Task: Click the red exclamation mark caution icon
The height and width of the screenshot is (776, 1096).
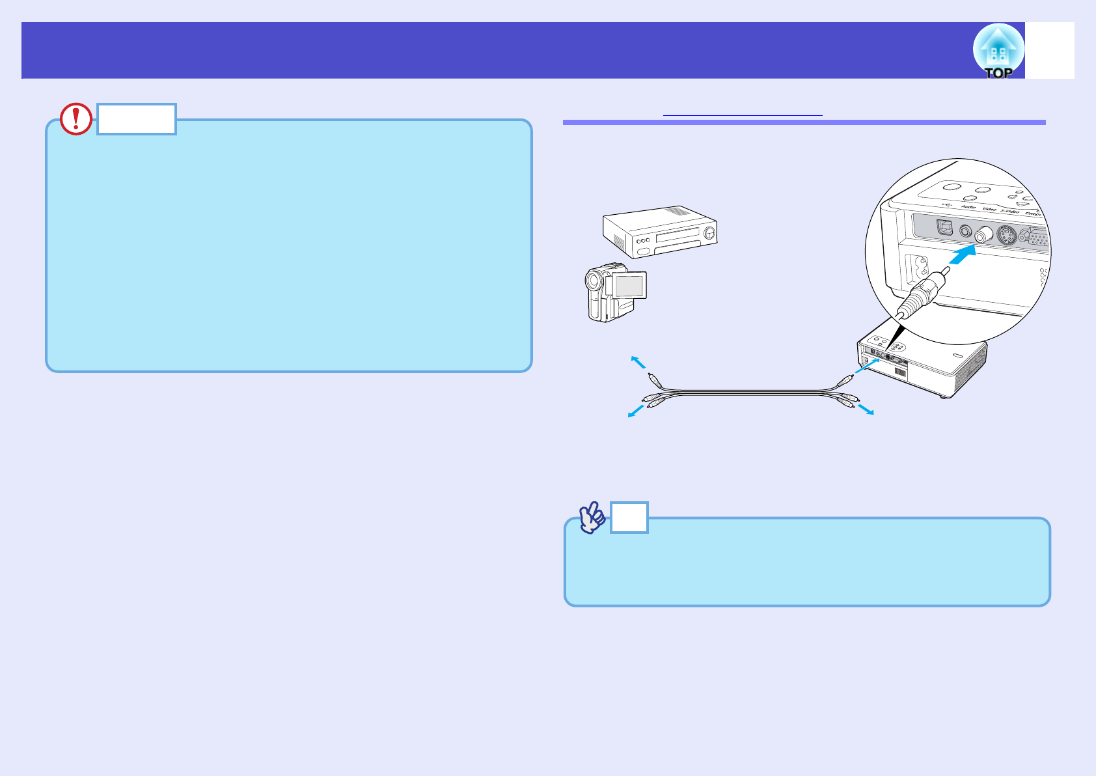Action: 76,119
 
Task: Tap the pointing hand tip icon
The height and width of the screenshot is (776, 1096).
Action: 592,518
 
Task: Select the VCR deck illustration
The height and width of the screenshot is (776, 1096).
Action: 660,232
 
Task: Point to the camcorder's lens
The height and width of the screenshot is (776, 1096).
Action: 592,281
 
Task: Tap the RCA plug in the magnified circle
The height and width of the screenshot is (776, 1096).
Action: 924,293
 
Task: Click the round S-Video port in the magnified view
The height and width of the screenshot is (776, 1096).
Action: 1006,236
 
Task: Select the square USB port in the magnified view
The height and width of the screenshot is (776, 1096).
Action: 945,228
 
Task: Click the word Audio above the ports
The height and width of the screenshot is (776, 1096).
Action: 968,207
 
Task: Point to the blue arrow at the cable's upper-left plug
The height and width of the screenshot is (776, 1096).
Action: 638,363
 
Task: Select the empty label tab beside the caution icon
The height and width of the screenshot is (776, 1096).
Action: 137,119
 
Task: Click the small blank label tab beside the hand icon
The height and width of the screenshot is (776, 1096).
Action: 629,518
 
